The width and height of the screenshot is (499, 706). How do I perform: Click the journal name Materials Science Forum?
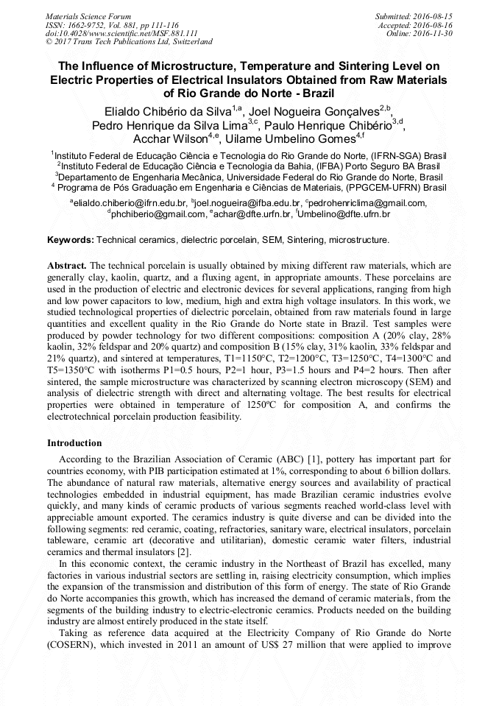pos(88,15)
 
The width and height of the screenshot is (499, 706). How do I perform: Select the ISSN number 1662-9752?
pos(93,24)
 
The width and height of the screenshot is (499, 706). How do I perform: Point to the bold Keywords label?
pos(70,240)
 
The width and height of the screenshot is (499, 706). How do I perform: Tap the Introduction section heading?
pos(74,443)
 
